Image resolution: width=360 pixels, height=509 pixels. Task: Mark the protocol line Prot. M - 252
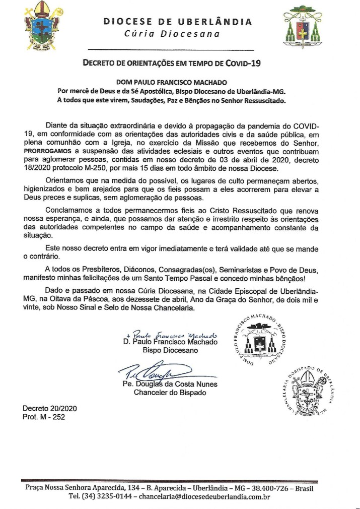point(44,417)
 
